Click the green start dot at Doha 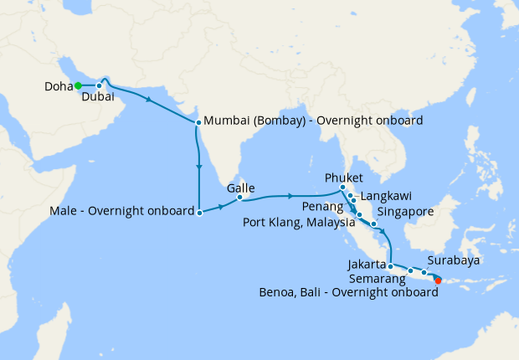[x=78, y=85]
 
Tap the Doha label [x=58, y=85]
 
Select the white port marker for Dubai [x=99, y=85]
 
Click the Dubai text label [x=99, y=97]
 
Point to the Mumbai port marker [x=198, y=122]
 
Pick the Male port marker [x=199, y=213]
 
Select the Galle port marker [x=239, y=198]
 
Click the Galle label [x=240, y=188]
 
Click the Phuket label [x=345, y=177]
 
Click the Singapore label [x=406, y=212]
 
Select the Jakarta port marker [x=391, y=266]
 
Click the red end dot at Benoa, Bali [x=438, y=280]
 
